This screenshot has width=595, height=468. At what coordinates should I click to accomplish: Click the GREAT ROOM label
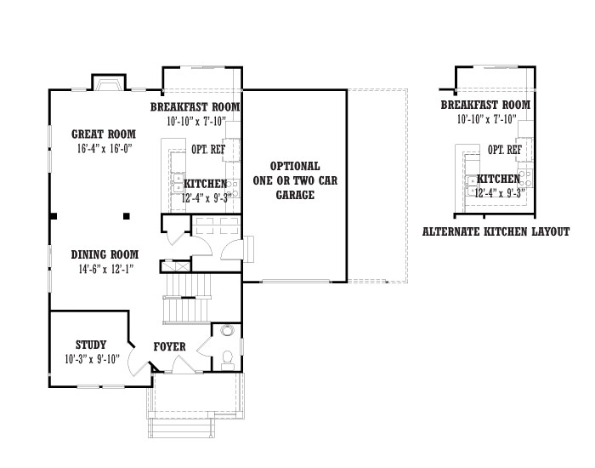pyautogui.click(x=104, y=134)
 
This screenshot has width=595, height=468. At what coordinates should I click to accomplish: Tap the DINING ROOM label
pyautogui.click(x=105, y=254)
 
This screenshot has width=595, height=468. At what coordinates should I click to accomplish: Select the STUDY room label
pyautogui.click(x=91, y=345)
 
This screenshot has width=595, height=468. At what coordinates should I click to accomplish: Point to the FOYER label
pyautogui.click(x=170, y=346)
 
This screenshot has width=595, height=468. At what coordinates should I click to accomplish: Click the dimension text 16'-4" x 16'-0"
pyautogui.click(x=105, y=148)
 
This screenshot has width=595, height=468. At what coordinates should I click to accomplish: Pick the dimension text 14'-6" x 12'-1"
pyautogui.click(x=106, y=269)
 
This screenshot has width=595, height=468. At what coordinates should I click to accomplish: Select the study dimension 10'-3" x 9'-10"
pyautogui.click(x=92, y=359)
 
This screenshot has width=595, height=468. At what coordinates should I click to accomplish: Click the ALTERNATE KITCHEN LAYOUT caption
pyautogui.click(x=496, y=231)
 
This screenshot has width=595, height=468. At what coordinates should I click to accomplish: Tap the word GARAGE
pyautogui.click(x=295, y=195)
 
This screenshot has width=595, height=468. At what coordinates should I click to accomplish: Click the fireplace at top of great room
pyautogui.click(x=109, y=83)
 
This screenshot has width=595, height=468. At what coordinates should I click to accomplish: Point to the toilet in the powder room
pyautogui.click(x=227, y=360)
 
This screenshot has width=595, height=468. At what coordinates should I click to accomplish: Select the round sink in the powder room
pyautogui.click(x=227, y=330)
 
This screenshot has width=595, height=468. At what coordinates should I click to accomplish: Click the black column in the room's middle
pyautogui.click(x=127, y=216)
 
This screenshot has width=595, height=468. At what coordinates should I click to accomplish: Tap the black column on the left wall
pyautogui.click(x=54, y=216)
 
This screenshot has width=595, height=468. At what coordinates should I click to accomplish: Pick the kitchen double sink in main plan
pyautogui.click(x=177, y=184)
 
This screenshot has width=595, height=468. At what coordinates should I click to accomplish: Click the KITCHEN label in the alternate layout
pyautogui.click(x=498, y=179)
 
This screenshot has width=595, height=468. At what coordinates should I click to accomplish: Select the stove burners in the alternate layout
pyautogui.click(x=524, y=179)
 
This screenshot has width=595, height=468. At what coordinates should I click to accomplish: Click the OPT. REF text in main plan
pyautogui.click(x=208, y=149)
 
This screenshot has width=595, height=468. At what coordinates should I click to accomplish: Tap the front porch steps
pyautogui.click(x=181, y=428)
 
